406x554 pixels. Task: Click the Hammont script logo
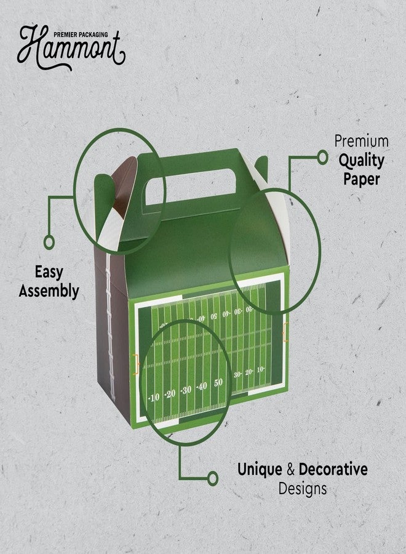pyautogui.click(x=71, y=47)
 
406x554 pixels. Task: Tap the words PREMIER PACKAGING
pyautogui.click(x=81, y=34)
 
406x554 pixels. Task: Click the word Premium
pyautogui.click(x=362, y=142)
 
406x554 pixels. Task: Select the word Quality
pyautogui.click(x=362, y=161)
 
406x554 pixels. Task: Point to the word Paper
pyautogui.click(x=362, y=179)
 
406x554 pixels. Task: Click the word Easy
pyautogui.click(x=49, y=273)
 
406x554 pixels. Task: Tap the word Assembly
pyautogui.click(x=49, y=291)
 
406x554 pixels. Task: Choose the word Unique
pyautogui.click(x=260, y=470)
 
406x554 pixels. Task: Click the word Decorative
pyautogui.click(x=333, y=469)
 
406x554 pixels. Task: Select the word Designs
pyautogui.click(x=303, y=489)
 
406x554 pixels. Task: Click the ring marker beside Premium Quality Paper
pyautogui.click(x=322, y=157)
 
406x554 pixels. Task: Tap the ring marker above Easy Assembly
pyautogui.click(x=49, y=243)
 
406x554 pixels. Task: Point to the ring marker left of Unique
pyautogui.click(x=212, y=478)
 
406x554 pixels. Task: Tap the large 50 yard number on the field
pyautogui.click(x=218, y=382)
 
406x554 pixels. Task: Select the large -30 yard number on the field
pyautogui.click(x=186, y=390)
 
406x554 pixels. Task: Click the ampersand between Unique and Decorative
pyautogui.click(x=290, y=470)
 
